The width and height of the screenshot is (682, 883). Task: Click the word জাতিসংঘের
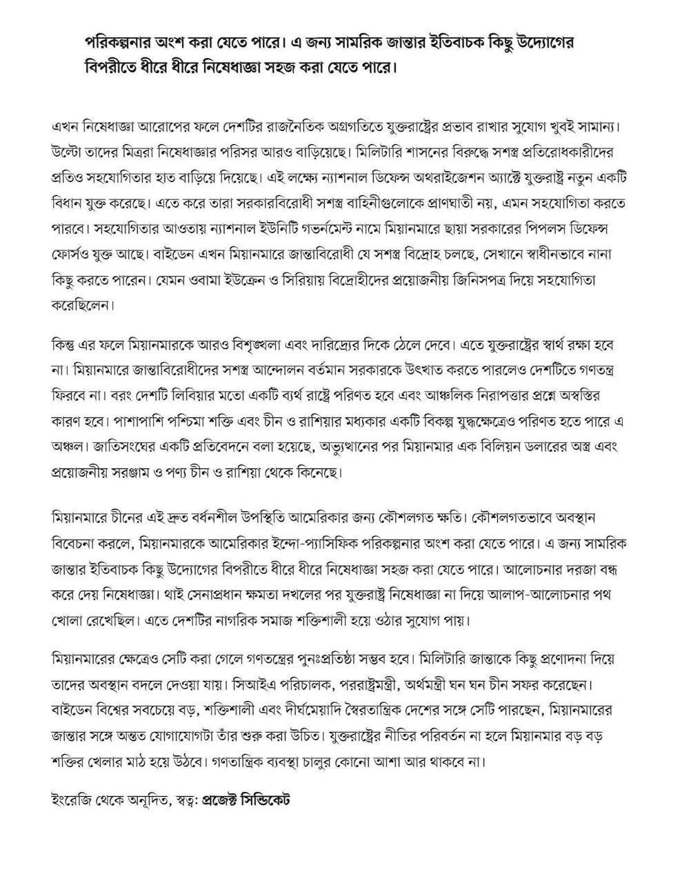click(121, 447)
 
